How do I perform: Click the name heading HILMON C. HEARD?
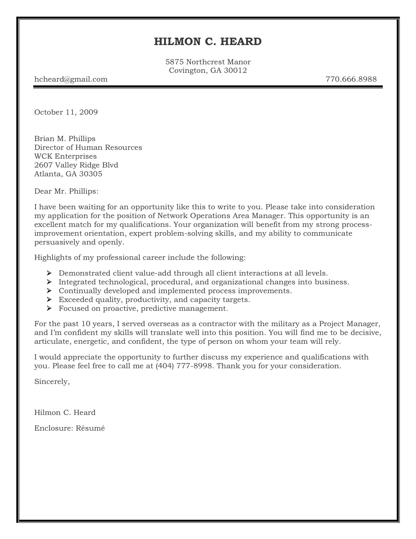208,41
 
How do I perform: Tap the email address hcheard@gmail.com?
71,79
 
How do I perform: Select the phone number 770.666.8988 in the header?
351,79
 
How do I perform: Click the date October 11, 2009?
66,112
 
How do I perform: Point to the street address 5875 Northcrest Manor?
208,62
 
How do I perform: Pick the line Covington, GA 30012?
208,70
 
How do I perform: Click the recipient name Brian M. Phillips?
65,139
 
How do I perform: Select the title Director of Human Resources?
88,147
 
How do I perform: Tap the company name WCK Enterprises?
66,156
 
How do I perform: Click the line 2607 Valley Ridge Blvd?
76,165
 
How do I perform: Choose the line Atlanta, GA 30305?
68,174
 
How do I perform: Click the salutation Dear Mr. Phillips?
66,191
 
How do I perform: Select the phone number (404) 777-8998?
185,366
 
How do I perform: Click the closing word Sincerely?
52,381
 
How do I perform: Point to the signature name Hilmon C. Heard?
65,412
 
